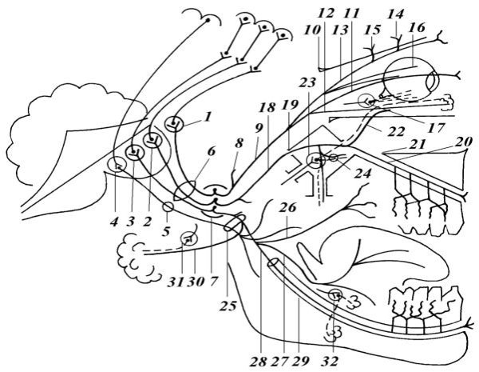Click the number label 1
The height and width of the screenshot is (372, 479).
pos(208,115)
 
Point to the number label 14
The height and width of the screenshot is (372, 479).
pos(395,15)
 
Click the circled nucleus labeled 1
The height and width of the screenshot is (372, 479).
pos(176,124)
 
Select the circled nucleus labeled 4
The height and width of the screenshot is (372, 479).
pos(117,166)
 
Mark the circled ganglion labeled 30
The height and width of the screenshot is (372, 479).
pos(189,238)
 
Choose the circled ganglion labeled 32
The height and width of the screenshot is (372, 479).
pos(335,296)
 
